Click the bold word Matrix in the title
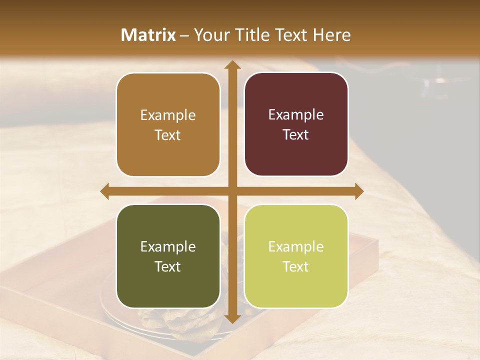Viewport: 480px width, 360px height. pyautogui.click(x=148, y=35)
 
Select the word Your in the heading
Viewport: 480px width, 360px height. pyautogui.click(x=210, y=35)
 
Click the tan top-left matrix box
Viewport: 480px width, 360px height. pyautogui.click(x=168, y=124)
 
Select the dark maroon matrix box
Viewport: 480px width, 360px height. pyautogui.click(x=296, y=124)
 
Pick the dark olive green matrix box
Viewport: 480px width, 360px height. pyautogui.click(x=168, y=256)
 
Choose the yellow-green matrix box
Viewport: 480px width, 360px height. pyautogui.click(x=296, y=256)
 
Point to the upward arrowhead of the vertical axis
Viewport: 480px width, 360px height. pyautogui.click(x=232, y=65)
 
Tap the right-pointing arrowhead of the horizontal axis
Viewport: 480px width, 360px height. pyautogui.click(x=358, y=191)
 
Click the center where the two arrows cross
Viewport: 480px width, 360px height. pyautogui.click(x=232, y=191)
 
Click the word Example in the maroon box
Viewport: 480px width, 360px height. pyautogui.click(x=296, y=115)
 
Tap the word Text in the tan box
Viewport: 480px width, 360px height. pyautogui.click(x=168, y=135)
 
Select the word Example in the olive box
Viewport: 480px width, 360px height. pyautogui.click(x=168, y=246)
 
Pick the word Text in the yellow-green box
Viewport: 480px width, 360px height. pyautogui.click(x=296, y=266)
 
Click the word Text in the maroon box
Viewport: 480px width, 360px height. pyautogui.click(x=296, y=134)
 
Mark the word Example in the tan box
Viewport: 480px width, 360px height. pyautogui.click(x=168, y=115)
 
